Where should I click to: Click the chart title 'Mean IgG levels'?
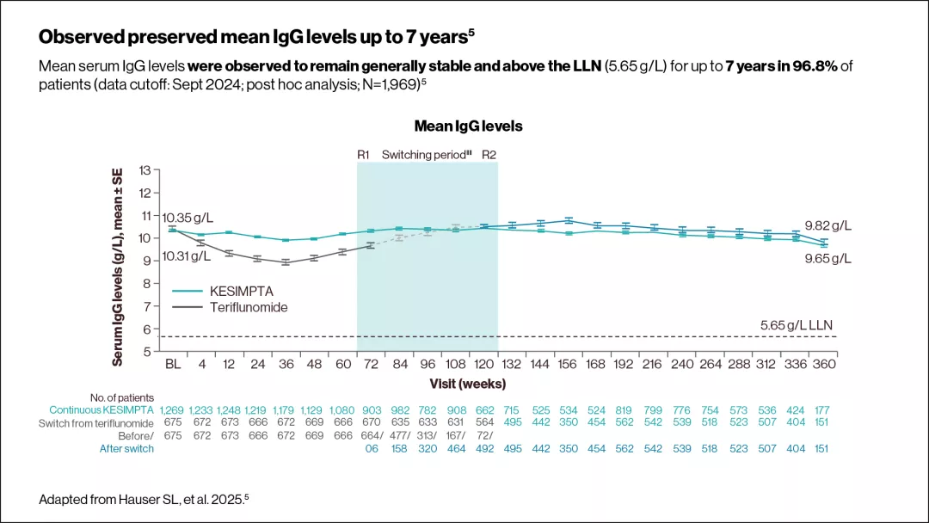pos(468,126)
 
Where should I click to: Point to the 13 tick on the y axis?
pos(145,170)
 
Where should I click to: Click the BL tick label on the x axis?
pos(173,364)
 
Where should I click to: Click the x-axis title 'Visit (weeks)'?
pos(468,383)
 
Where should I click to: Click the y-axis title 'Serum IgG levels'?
pos(118,267)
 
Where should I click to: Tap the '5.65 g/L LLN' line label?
pos(797,325)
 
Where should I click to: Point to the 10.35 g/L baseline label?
pos(188,216)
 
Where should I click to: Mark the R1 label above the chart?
pos(363,155)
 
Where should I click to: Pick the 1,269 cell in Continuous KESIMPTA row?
pos(173,410)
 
